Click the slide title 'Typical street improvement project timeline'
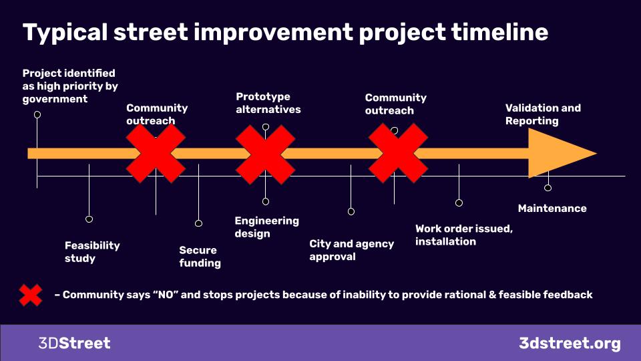pos(285,33)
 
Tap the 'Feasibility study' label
pos(92,252)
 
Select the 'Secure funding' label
pos(200,257)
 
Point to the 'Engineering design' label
pos(266,227)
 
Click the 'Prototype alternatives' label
pos(268,103)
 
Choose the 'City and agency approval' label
pos(352,250)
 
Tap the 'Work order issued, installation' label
pos(464,235)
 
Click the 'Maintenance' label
pos(552,209)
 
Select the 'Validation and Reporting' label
pos(543,114)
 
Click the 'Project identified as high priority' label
pos(70,86)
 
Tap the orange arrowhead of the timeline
pos(562,153)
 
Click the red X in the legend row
pos(31,295)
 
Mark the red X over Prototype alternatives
pos(265,154)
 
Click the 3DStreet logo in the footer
pos(74,343)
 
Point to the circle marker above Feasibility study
pos(89,219)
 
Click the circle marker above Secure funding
pos(199,223)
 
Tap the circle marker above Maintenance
pos(548,187)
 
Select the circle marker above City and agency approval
pos(351,211)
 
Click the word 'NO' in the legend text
pos(166,295)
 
